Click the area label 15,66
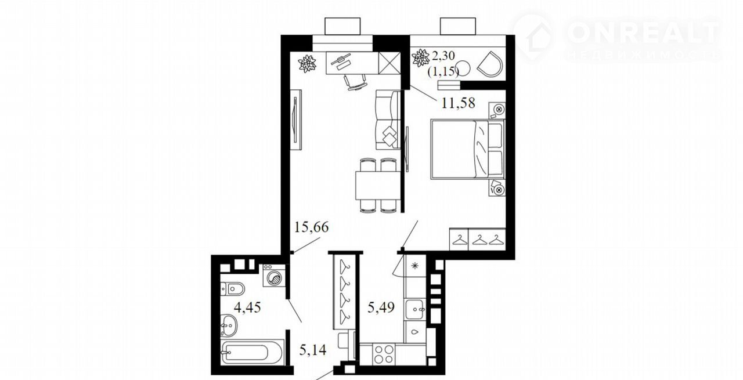pos(312,227)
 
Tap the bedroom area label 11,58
pos(458,103)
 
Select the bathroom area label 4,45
pos(247,307)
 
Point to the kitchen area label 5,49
pos(381,307)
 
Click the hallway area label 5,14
pos(313,350)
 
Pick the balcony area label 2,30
pos(443,56)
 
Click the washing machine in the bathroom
pos(274,275)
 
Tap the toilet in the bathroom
pos(233,288)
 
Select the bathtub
pos(253,352)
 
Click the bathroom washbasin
pos(229,325)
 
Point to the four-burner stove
pos(384,354)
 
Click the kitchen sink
pos(414,309)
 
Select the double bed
pos(467,150)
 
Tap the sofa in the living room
pos(388,120)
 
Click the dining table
pos(378,185)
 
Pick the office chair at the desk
pos(356,82)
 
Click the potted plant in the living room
pos(307,63)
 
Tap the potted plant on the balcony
pos(421,58)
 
